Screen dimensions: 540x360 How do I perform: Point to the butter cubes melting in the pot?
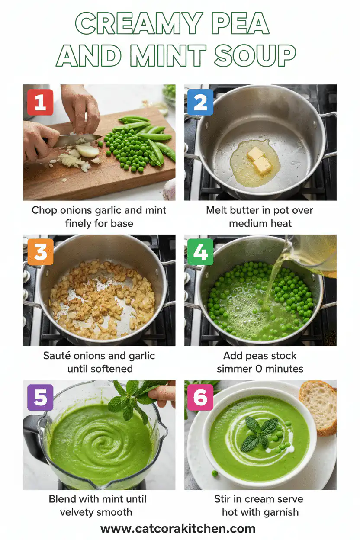[257, 159]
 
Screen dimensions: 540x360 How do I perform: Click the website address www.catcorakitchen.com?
[178, 528]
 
